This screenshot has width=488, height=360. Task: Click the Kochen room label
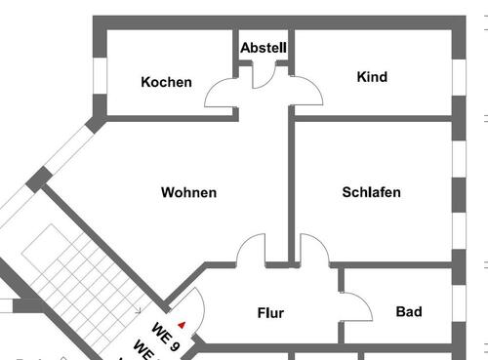click(x=166, y=82)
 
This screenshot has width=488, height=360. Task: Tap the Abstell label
click(x=264, y=47)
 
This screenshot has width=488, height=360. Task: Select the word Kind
click(x=372, y=77)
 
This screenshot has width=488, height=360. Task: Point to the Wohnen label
click(x=188, y=193)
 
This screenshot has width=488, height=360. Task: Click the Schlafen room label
click(x=371, y=192)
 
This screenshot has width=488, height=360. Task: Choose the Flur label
click(x=270, y=313)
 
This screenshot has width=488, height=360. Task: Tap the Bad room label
click(x=409, y=312)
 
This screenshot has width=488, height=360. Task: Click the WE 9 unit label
click(x=167, y=335)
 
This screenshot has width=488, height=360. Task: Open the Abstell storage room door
click(x=264, y=76)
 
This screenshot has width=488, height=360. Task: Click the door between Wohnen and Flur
click(x=252, y=250)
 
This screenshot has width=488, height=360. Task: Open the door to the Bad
click(x=356, y=306)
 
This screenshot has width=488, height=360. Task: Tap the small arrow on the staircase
click(x=138, y=309)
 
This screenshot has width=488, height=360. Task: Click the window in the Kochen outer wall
click(x=99, y=75)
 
